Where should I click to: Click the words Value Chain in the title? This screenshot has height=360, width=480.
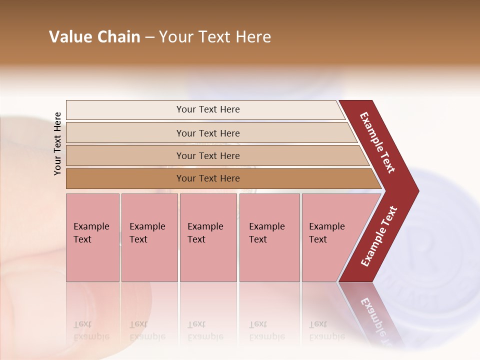pyautogui.click(x=94, y=37)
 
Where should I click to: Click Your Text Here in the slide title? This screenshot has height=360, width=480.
pyautogui.click(x=215, y=37)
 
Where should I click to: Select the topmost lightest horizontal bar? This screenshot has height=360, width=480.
pyautogui.click(x=207, y=109)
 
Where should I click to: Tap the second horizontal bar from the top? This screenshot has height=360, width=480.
pyautogui.click(x=207, y=133)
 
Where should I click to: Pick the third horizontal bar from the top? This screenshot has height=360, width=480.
pyautogui.click(x=207, y=155)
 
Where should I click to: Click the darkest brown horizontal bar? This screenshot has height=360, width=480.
pyautogui.click(x=207, y=178)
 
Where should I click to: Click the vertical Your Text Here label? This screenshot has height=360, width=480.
pyautogui.click(x=57, y=143)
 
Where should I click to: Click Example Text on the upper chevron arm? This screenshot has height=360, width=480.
pyautogui.click(x=377, y=142)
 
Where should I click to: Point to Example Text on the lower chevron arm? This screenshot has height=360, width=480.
pyautogui.click(x=379, y=236)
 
